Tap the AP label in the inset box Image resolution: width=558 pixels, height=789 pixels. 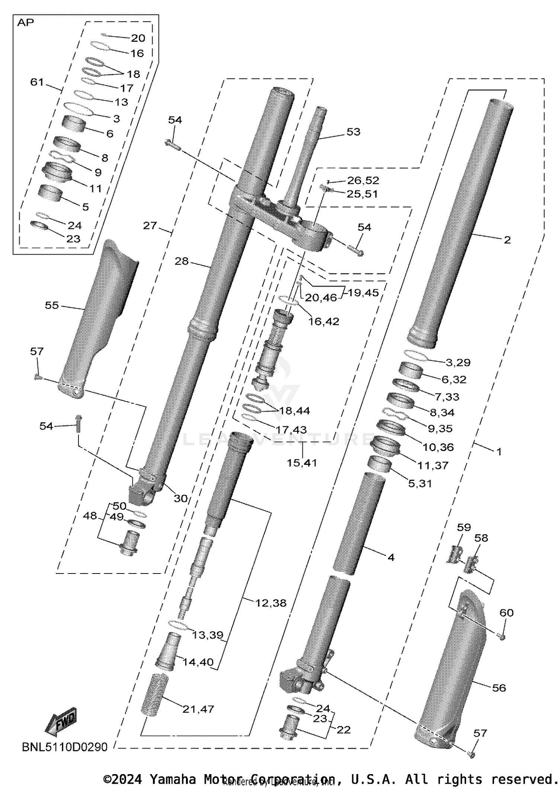[x=25, y=23]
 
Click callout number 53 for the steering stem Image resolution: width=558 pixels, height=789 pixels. [x=353, y=132]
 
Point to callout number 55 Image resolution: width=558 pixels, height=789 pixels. [x=52, y=305]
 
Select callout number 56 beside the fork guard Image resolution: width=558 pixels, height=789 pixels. [x=499, y=688]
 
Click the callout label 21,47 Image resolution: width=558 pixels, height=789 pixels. [x=198, y=709]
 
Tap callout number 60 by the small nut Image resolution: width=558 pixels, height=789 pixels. [x=506, y=613]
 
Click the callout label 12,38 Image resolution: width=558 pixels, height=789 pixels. [x=271, y=603]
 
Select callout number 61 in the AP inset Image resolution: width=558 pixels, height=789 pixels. [x=37, y=82]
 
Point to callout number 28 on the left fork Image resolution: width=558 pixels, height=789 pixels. [x=182, y=261]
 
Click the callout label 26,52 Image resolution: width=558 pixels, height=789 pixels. [x=363, y=180]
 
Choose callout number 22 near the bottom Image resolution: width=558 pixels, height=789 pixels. [x=343, y=730]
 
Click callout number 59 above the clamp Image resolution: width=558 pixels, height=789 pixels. [x=464, y=527]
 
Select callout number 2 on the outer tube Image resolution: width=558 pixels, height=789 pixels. [x=507, y=240]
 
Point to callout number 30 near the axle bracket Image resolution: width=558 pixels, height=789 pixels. [x=181, y=498]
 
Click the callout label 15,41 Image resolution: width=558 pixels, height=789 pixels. [x=302, y=463]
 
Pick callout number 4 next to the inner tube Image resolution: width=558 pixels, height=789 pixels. [x=391, y=557]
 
